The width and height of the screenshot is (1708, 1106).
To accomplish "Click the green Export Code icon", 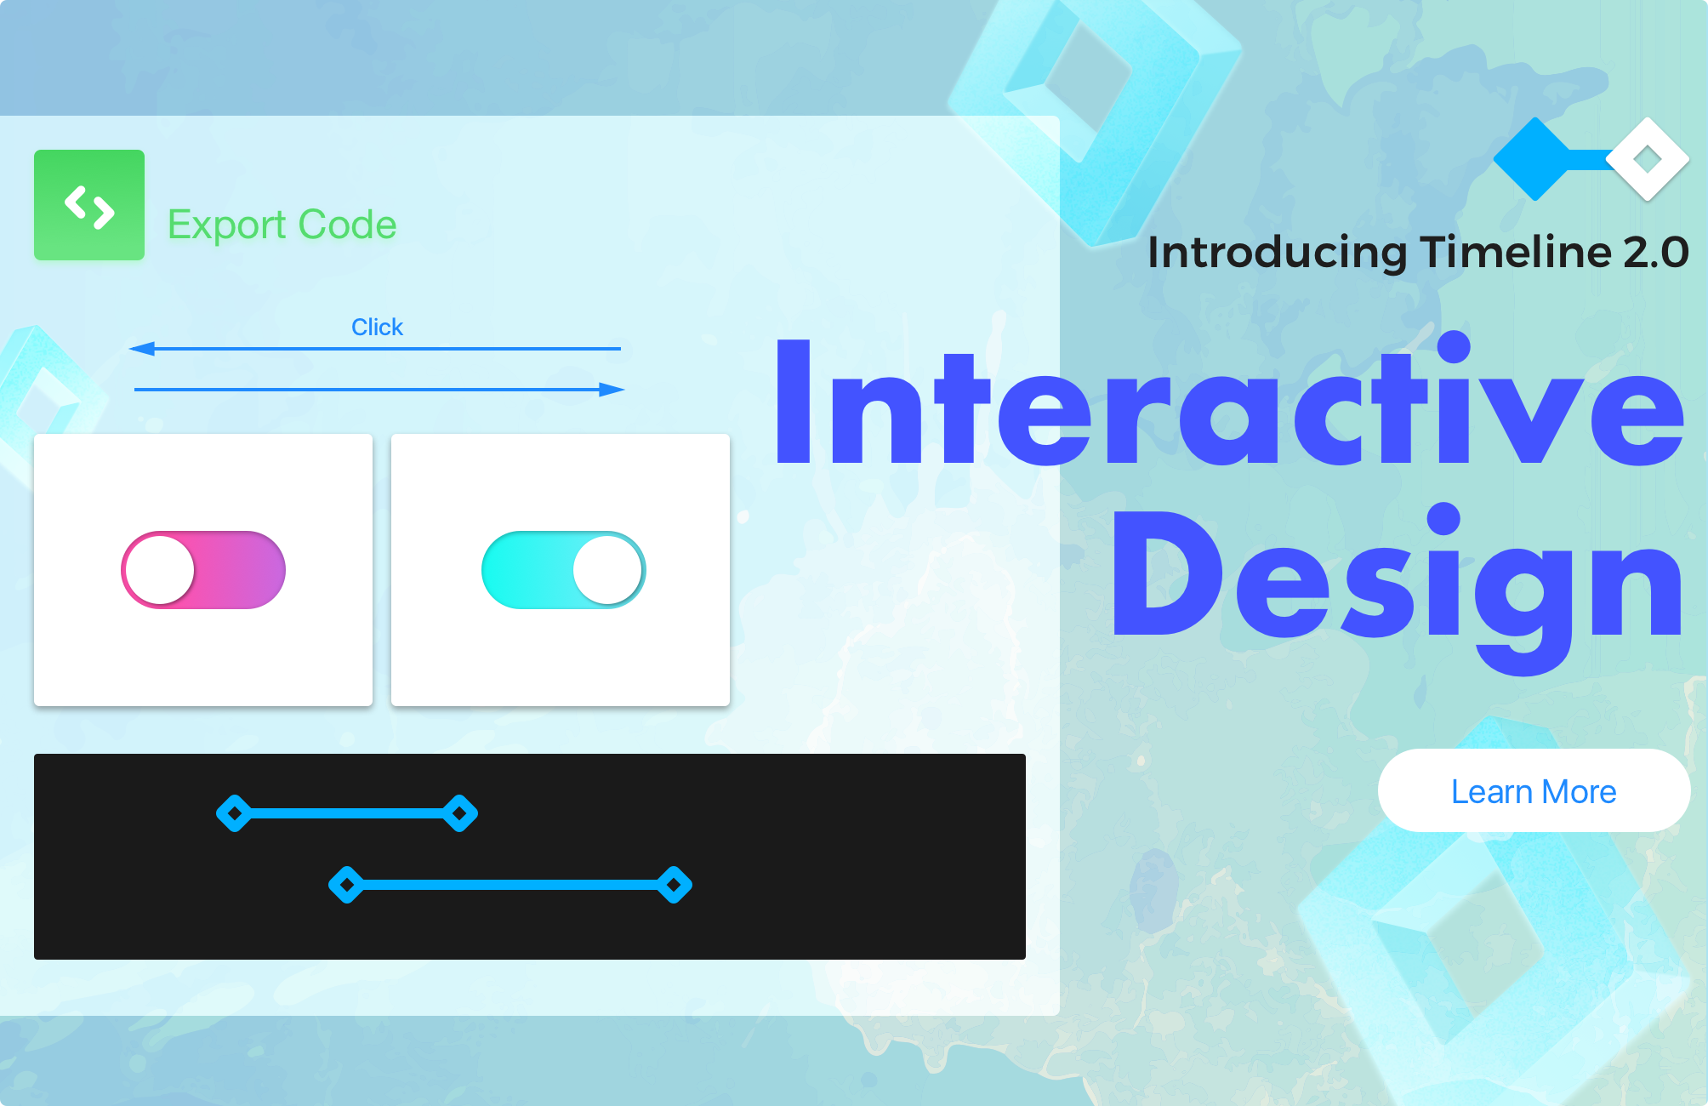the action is pos(89,205).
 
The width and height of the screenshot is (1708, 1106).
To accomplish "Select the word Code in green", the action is pos(347,225).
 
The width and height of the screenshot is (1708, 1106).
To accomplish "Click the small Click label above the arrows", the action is pos(377,327).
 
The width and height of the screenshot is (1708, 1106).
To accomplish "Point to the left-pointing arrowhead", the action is pos(142,348).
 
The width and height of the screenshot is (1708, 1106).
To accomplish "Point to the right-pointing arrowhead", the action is pos(612,390).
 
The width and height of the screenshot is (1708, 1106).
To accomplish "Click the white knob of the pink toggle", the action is pos(160,570).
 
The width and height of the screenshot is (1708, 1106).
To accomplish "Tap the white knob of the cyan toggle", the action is pos(607,570).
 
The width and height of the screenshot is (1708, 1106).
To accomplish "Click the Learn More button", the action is pos(1534,790).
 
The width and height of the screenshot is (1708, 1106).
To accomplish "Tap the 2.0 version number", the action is pos(1656,253).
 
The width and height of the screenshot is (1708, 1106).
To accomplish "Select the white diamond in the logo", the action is pos(1648,159).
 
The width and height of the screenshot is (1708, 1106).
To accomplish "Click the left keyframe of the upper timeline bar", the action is pos(234,813).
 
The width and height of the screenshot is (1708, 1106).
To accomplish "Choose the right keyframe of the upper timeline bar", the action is pos(460,813).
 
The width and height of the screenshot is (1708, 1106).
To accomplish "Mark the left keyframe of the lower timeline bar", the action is pos(346,885).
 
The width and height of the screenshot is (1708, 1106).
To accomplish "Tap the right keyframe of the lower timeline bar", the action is pos(675,885).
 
